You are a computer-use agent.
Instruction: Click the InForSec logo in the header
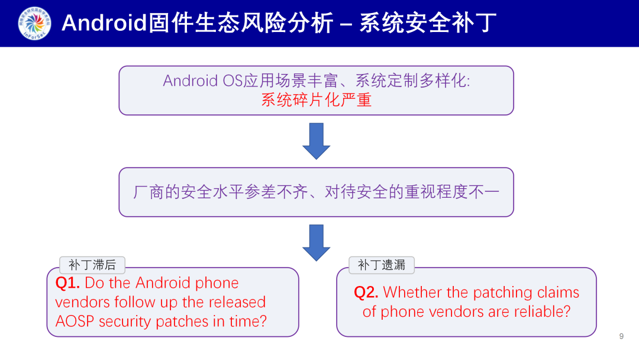[x=34, y=23]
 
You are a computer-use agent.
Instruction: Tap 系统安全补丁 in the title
[x=428, y=23]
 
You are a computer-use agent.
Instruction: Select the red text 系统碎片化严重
[x=316, y=99]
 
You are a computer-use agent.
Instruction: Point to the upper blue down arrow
[x=317, y=141]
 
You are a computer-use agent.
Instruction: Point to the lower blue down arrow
[x=317, y=242]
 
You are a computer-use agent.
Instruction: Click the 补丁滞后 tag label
[x=92, y=265]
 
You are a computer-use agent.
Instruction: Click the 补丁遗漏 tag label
[x=381, y=265]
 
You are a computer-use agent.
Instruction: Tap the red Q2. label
[x=366, y=292]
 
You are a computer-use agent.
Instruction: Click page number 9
[x=621, y=336]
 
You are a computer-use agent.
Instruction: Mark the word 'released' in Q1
[x=237, y=302]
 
